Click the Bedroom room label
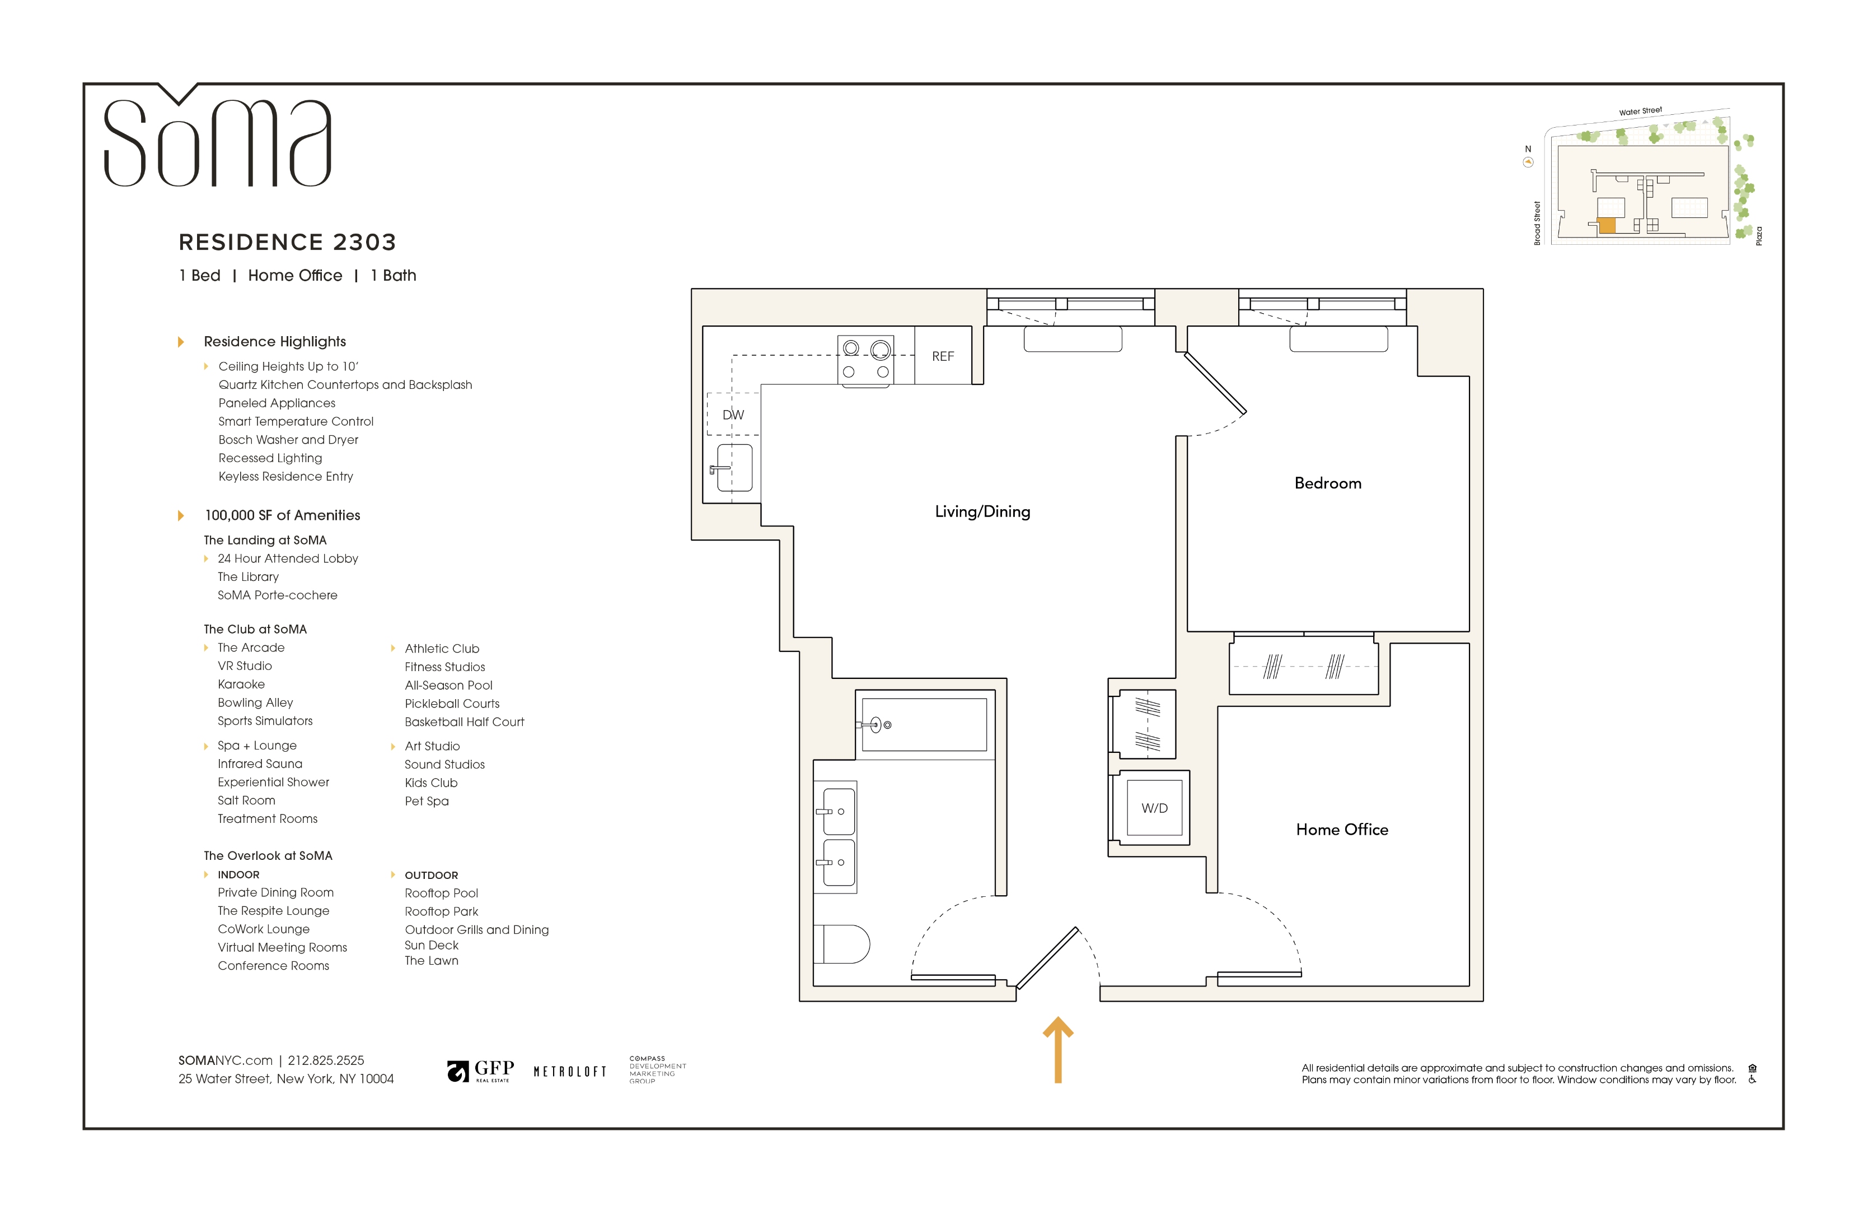pyautogui.click(x=1327, y=483)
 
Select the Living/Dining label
pyautogui.click(x=982, y=511)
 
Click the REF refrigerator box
pyautogui.click(x=943, y=356)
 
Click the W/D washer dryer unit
pyautogui.click(x=1154, y=808)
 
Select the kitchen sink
pyautogui.click(x=734, y=468)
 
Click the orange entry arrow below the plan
pyautogui.click(x=1057, y=1050)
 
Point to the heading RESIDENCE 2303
pyautogui.click(x=287, y=242)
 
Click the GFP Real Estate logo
pyautogui.click(x=480, y=1070)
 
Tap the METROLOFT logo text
pyautogui.click(x=570, y=1072)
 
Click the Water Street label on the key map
pyautogui.click(x=1640, y=111)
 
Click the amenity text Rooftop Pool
pyautogui.click(x=441, y=893)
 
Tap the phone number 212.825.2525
pyautogui.click(x=326, y=1060)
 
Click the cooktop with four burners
pyautogui.click(x=866, y=360)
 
